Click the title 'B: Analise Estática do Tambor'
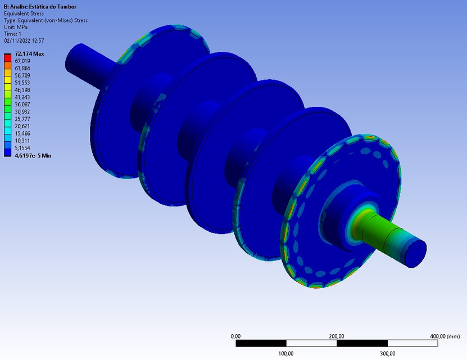(40, 7)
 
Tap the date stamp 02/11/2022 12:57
(24, 40)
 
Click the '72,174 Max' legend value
(29, 54)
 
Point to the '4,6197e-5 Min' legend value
(33, 155)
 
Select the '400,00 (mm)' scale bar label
(445, 336)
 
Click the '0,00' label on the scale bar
(236, 336)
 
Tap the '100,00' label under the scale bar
(286, 353)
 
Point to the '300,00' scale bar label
(387, 353)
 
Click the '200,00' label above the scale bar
(337, 336)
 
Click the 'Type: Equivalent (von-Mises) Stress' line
(46, 20)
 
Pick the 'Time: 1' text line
(12, 34)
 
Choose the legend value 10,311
(22, 141)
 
